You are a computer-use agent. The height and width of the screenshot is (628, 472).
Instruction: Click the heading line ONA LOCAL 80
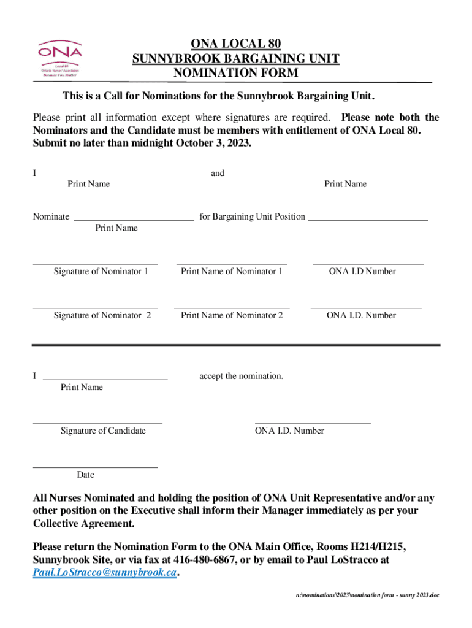coord(236,44)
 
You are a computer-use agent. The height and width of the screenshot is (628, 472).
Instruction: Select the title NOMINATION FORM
coord(236,74)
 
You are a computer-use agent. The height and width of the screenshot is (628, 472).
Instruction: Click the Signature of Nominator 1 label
coord(101,271)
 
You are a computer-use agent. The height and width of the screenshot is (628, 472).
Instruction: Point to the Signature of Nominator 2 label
coord(102,315)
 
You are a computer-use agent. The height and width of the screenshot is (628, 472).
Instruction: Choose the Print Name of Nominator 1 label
coord(232,271)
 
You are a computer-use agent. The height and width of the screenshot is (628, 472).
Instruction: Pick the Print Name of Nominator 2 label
coord(232,315)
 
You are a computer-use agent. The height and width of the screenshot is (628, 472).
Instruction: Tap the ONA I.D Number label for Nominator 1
coord(362,271)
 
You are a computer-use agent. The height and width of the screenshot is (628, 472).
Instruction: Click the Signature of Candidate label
coord(103,431)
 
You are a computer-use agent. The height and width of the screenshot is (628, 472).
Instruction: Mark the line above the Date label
coord(95,467)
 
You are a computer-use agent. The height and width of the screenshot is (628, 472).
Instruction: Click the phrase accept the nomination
coord(241,376)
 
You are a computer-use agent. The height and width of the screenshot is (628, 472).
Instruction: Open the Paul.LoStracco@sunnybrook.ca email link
coord(104,573)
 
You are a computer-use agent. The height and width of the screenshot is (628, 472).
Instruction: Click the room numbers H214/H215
coord(371,546)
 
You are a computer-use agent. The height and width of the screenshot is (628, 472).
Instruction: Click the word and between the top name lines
coord(218,174)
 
